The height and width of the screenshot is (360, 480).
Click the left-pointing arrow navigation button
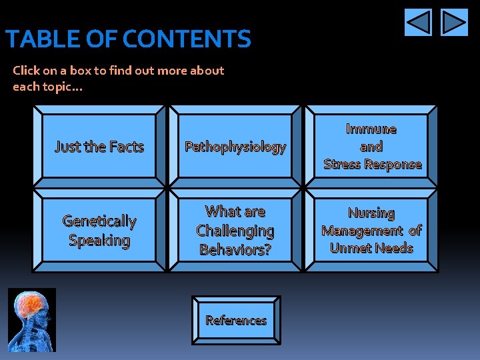(418, 23)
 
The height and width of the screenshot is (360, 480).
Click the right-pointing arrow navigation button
(455, 23)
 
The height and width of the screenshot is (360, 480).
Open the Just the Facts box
(99, 147)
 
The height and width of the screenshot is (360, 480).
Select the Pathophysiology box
(235, 147)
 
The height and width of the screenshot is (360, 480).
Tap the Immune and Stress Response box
(371, 147)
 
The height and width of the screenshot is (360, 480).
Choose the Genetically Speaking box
(99, 231)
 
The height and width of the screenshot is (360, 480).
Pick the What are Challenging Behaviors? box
(235, 231)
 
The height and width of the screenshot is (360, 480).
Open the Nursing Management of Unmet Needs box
(371, 231)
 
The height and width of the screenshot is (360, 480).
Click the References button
(236, 321)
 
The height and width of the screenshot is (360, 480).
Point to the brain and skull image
(32, 320)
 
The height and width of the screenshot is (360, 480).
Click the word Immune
(371, 129)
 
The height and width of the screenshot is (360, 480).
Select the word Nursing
(371, 213)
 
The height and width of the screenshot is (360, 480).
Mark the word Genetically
(99, 221)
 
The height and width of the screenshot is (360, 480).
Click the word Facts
(127, 147)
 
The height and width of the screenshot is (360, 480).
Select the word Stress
(341, 164)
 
